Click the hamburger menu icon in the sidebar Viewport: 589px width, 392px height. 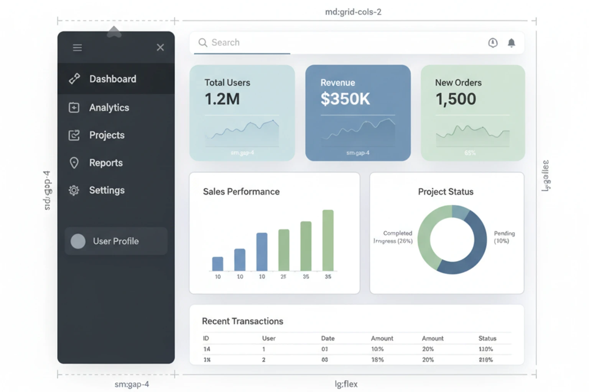click(77, 47)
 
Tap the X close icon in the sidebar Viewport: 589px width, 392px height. click(160, 47)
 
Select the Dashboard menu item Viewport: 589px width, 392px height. click(112, 79)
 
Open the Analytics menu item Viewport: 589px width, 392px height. click(109, 108)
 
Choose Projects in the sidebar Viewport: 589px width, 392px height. click(107, 135)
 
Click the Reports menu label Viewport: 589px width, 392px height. click(106, 163)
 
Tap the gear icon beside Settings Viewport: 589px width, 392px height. click(74, 190)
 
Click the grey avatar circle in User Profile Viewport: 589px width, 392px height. click(78, 241)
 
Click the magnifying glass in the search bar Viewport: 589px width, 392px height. click(202, 42)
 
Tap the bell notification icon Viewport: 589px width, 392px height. click(511, 43)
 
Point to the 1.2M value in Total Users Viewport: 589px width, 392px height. click(222, 99)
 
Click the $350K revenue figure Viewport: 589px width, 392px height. click(345, 99)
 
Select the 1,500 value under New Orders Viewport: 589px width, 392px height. click(456, 99)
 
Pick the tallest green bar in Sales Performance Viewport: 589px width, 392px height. click(328, 240)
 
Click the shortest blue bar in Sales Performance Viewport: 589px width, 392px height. click(218, 264)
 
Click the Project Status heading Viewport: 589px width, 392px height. click(446, 192)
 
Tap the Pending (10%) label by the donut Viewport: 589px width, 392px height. click(504, 237)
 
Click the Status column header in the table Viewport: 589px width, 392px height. click(487, 338)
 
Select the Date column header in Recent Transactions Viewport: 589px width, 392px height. click(327, 338)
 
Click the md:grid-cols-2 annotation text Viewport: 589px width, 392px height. click(353, 12)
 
